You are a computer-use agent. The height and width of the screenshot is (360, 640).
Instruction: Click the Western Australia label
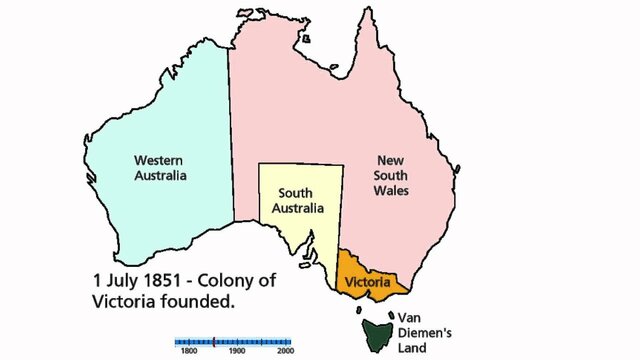pos(160,167)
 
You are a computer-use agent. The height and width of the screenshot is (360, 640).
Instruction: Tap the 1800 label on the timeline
pos(187,352)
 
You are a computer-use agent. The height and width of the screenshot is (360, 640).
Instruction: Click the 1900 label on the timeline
pos(237,352)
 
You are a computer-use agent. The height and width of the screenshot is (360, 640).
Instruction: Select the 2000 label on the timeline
pos(285,352)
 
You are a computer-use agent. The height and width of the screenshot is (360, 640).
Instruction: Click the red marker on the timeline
pos(213,341)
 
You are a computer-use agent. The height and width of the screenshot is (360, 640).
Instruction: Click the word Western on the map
pos(160,159)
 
